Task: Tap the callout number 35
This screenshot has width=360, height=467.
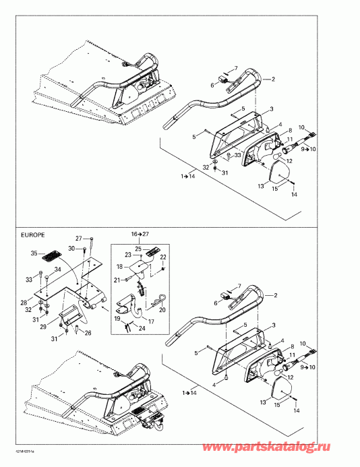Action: pos(34,254)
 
